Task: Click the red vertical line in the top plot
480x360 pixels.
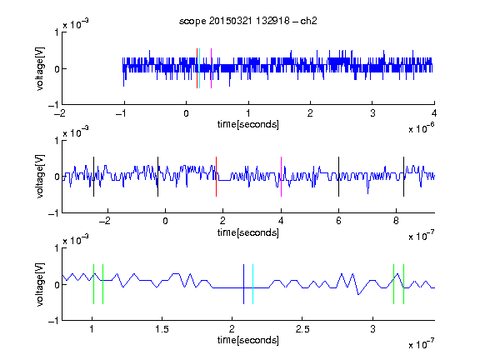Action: tap(197, 68)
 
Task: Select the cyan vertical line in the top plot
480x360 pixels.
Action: tap(200, 68)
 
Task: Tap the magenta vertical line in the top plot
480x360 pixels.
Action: tap(211, 68)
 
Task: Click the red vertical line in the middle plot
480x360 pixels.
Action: tap(216, 177)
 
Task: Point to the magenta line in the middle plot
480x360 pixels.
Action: tap(281, 177)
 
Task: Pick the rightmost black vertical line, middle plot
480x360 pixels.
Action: tap(404, 177)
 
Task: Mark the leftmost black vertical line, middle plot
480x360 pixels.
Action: tap(93, 177)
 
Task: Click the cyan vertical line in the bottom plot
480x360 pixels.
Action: tap(252, 284)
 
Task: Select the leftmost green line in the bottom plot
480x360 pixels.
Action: tap(93, 284)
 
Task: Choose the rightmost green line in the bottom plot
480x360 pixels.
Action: tap(404, 284)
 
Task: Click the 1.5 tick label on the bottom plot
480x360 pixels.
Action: tap(162, 329)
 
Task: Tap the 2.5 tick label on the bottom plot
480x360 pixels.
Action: tap(302, 329)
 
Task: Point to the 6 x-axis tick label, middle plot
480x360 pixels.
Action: tap(338, 221)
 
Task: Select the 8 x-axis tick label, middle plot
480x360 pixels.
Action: tap(396, 221)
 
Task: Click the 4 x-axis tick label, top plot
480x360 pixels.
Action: tap(434, 113)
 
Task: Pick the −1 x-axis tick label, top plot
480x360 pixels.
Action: tap(122, 113)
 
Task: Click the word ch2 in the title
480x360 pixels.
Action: tap(308, 21)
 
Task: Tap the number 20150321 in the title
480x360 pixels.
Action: tap(230, 21)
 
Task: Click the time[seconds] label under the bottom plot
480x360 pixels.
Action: tap(248, 340)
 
